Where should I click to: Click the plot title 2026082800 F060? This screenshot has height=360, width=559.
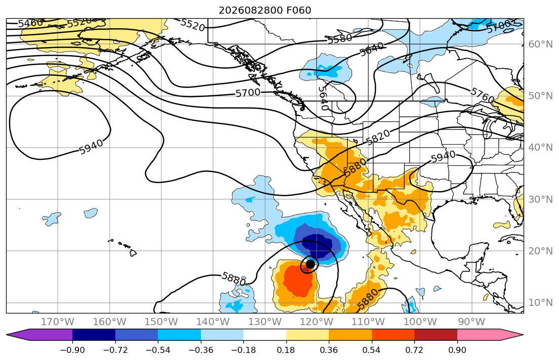click(265, 10)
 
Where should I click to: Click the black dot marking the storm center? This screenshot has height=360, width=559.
click(310, 264)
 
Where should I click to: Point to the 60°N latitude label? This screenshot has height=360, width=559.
click(540, 44)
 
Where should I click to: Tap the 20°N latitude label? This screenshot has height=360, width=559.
click(540, 251)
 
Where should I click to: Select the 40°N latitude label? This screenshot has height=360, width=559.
click(540, 148)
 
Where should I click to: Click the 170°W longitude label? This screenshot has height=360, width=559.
click(58, 322)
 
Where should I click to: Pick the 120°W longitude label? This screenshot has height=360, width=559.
click(317, 322)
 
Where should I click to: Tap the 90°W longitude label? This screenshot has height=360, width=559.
click(471, 322)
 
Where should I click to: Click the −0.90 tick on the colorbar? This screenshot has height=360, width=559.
click(72, 350)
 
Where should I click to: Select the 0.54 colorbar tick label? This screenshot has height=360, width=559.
click(371, 350)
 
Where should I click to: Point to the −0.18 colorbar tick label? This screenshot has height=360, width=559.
click(243, 350)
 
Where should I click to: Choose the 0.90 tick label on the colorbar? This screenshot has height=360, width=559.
click(457, 350)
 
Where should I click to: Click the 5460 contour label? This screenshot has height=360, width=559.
click(30, 24)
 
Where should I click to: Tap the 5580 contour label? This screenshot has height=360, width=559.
click(340, 38)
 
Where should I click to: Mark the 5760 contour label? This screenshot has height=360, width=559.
click(482, 95)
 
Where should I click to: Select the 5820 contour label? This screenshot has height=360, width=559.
click(378, 137)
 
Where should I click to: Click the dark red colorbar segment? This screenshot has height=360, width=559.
click(436, 335)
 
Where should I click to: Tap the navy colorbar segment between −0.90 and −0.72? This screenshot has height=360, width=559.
click(94, 335)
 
